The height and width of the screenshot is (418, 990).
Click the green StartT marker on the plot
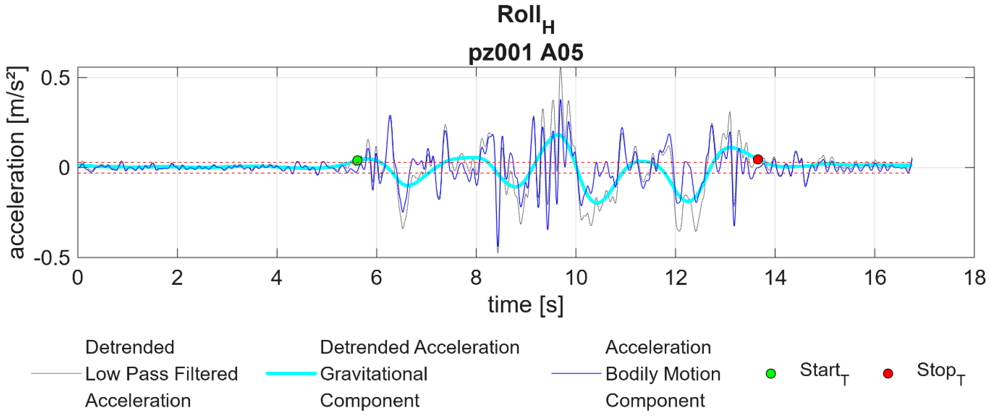coord(357,160)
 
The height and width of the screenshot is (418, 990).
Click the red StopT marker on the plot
coord(758,159)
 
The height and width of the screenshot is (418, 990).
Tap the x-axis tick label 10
coord(576,278)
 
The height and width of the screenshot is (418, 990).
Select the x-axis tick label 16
coord(875,278)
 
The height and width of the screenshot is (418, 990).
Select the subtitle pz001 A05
coord(525,53)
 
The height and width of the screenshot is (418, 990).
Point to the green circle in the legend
coord(771,373)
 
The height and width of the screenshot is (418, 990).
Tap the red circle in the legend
coord(888,373)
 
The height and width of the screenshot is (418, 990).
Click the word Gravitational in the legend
coord(373,374)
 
